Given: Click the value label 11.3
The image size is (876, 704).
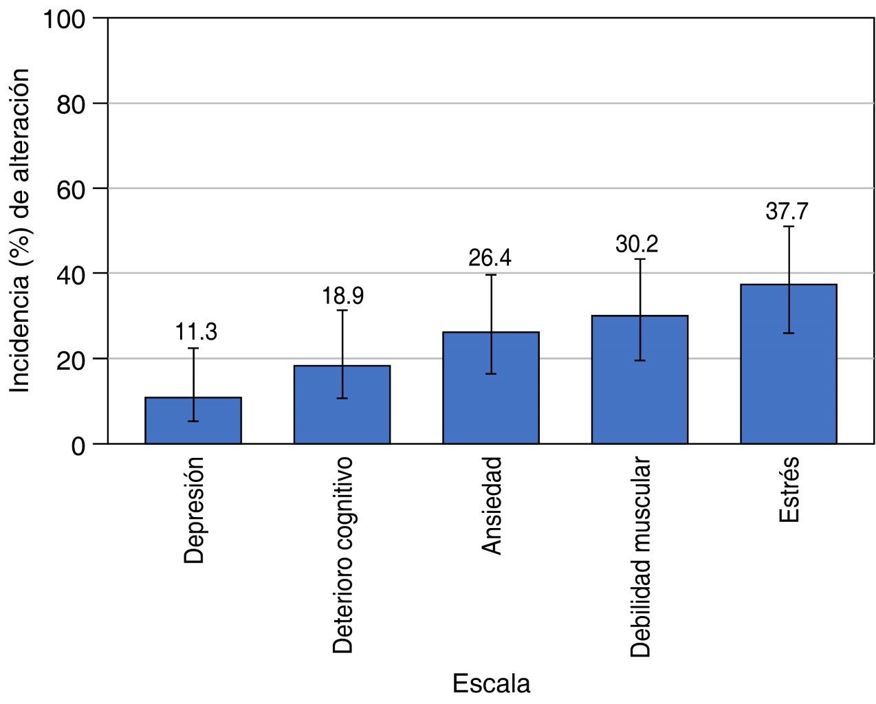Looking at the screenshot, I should click(x=196, y=332).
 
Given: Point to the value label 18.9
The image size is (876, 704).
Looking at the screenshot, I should click(x=342, y=296).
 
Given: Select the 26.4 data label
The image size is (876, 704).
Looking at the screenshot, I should click(x=490, y=258).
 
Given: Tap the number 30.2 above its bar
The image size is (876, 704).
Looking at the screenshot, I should click(x=637, y=244).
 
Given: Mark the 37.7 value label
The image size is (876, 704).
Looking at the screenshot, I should click(x=787, y=211).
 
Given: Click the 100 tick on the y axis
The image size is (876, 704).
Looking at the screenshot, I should click(x=65, y=19).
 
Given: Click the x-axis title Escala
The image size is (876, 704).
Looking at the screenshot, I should click(x=491, y=683).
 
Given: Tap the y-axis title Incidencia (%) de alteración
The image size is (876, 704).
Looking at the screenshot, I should click(x=20, y=230).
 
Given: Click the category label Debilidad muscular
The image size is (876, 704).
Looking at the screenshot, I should click(x=640, y=555).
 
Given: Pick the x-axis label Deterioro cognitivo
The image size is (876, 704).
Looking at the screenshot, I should click(x=343, y=553).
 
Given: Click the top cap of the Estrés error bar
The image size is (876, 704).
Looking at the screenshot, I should click(x=789, y=226).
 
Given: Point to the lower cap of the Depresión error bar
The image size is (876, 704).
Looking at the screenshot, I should click(x=193, y=421).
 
